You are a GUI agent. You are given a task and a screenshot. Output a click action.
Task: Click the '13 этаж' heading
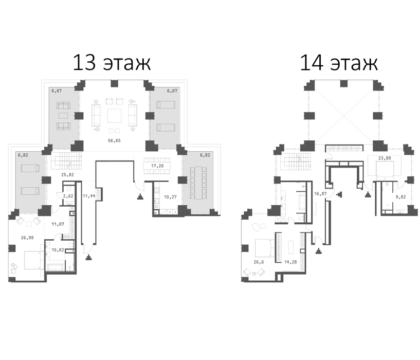click(112, 63)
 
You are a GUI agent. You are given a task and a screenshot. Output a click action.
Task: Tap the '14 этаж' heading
click(339, 63)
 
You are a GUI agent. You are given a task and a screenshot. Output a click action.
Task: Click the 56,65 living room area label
click(114, 140)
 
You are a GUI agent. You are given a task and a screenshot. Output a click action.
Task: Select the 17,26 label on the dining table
click(157, 166)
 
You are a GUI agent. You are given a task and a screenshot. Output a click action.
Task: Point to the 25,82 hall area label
click(67, 174)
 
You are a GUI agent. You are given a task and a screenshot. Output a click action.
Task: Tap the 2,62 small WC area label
click(68, 196)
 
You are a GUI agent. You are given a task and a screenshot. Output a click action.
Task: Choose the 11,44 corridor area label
click(88, 196)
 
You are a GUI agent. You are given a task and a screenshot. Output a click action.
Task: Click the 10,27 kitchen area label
click(170, 197)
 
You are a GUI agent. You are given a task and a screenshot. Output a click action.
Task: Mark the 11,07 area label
click(58, 224)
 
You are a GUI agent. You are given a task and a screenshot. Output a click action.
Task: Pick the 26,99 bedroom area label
click(27, 238)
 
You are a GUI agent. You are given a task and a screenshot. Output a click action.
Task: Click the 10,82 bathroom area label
click(58, 250)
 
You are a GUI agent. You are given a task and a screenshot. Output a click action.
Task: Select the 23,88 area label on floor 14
click(385, 158)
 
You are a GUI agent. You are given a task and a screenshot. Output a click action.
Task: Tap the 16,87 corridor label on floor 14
click(320, 193)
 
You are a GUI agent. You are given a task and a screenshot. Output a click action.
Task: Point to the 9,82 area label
click(400, 197)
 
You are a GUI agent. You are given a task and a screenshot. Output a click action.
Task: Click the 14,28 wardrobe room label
click(290, 262)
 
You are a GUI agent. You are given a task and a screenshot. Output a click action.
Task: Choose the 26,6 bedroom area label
click(259, 262)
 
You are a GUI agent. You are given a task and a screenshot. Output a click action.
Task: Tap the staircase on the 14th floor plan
click(298, 161)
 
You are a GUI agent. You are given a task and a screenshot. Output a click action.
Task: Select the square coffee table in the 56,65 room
click(114, 116)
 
